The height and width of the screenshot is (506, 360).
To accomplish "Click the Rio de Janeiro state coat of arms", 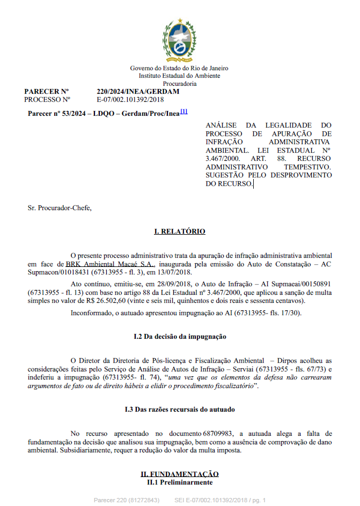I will pyautogui.click(x=180, y=41).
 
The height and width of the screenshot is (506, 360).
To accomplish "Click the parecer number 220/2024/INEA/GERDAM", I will pyautogui.click(x=138, y=92).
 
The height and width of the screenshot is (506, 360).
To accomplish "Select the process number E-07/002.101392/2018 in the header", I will pyautogui.click(x=130, y=99).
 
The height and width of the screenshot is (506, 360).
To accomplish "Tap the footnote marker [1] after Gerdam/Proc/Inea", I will pyautogui.click(x=183, y=111).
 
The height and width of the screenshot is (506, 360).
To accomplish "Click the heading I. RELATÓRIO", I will pyautogui.click(x=180, y=232).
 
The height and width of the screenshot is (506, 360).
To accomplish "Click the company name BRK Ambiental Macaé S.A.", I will pyautogui.click(x=110, y=264).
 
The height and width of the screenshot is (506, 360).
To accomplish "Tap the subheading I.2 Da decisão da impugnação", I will pyautogui.click(x=180, y=337).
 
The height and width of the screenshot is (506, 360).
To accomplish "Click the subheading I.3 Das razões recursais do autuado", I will pyautogui.click(x=180, y=410).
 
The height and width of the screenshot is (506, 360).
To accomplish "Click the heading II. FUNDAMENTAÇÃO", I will pyautogui.click(x=180, y=474).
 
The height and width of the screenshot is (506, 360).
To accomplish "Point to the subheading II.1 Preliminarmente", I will pyautogui.click(x=180, y=482).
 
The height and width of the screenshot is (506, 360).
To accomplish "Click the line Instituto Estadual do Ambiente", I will pyautogui.click(x=180, y=76).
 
